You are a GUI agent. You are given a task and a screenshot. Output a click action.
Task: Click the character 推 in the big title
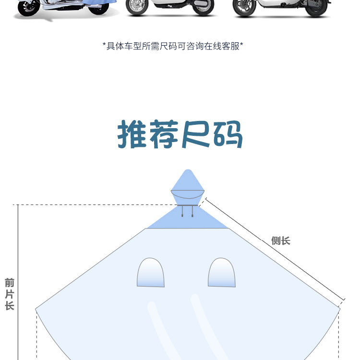click(x=133, y=135)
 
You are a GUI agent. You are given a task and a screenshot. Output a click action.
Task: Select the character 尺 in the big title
click(x=195, y=135)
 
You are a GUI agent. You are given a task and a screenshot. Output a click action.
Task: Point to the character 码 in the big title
click(x=227, y=135)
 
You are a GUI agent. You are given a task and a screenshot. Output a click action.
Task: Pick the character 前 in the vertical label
click(x=10, y=283)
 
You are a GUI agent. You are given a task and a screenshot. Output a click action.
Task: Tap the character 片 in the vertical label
click(x=10, y=294)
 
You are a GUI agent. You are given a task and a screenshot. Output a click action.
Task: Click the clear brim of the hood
click(x=188, y=195)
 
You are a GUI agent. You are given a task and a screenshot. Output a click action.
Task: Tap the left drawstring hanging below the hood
click(x=183, y=211)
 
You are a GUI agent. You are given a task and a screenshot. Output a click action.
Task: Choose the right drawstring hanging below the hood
click(x=192, y=211)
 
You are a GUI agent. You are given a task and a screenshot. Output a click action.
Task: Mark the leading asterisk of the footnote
click(x=104, y=46)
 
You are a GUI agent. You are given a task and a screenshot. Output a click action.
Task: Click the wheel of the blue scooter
click(x=30, y=7)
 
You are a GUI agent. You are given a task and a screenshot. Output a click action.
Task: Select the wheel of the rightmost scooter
click(x=245, y=7)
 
